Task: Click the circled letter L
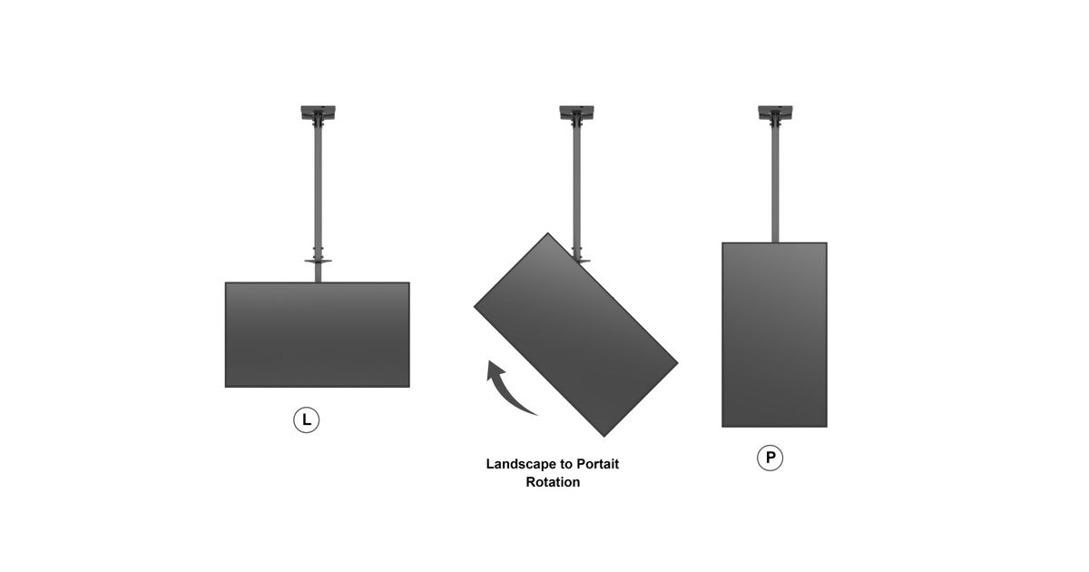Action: pos(307,419)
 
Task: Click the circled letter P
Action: pos(770,458)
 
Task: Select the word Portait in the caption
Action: pos(597,464)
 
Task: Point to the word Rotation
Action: pos(553,482)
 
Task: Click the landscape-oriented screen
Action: pos(318,335)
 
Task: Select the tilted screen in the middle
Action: pos(575,335)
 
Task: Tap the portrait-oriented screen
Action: pos(774,335)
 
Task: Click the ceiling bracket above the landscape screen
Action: pos(318,113)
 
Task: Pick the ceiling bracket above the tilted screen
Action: pos(576,113)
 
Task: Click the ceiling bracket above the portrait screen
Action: pos(775,113)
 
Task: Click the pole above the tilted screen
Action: pos(577,190)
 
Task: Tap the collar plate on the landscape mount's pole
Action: pos(318,261)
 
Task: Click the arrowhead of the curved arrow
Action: pos(495,370)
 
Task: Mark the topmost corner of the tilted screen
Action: pos(548,233)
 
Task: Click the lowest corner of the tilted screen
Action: pos(604,437)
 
